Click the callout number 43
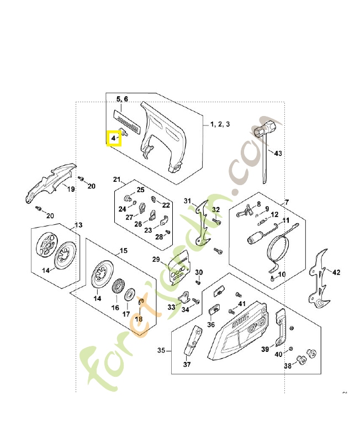[x=278, y=153]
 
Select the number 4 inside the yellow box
[x=113, y=137]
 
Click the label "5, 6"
[x=121, y=99]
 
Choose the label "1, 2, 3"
[x=219, y=125]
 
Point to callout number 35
[x=161, y=350]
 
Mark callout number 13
[x=78, y=225]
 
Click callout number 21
[x=117, y=180]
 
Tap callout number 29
[x=156, y=259]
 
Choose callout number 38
[x=288, y=366]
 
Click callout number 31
[x=187, y=201]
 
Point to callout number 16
[x=115, y=307]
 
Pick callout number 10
[x=282, y=274]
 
